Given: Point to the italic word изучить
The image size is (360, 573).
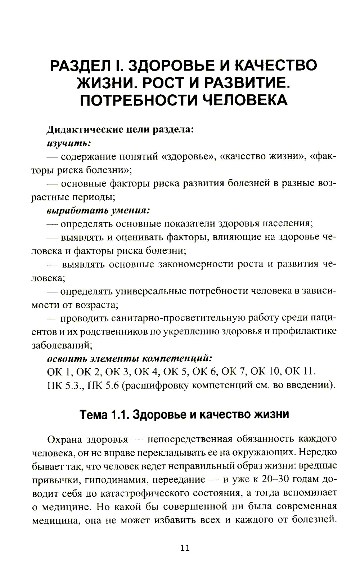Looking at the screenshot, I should point(68,143).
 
